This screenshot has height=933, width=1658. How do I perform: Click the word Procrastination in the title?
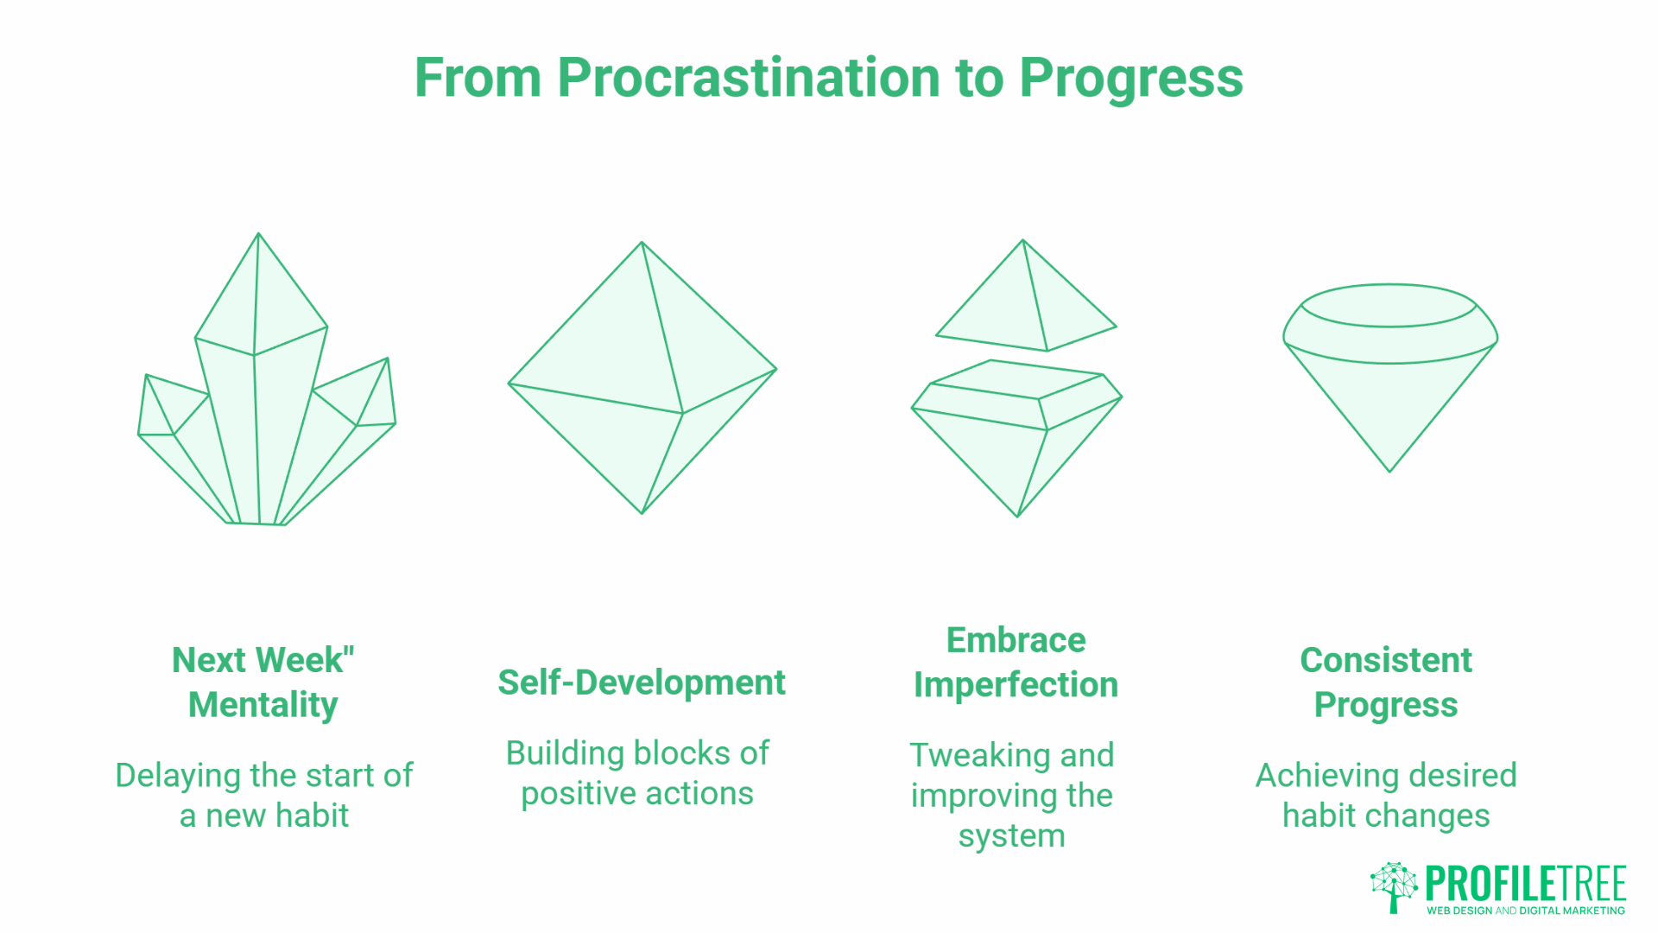750,78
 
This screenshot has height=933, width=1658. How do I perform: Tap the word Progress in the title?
1130,78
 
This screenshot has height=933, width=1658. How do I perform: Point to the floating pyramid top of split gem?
1026,302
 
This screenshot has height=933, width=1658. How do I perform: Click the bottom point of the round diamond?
1389,468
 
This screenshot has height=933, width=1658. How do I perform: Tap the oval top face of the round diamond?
1389,306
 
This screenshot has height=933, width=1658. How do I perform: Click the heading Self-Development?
641,682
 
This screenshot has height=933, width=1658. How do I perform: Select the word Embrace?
1016,640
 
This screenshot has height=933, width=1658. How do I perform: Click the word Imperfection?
1016,685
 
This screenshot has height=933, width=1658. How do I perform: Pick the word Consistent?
1385,660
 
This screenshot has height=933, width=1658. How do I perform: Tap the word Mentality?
263,705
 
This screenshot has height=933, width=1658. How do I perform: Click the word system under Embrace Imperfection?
1011,836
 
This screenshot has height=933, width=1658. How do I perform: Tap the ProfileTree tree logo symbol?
1394,885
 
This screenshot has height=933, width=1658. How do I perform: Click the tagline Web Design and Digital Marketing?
1525,911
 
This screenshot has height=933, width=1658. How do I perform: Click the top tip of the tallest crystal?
258,235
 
